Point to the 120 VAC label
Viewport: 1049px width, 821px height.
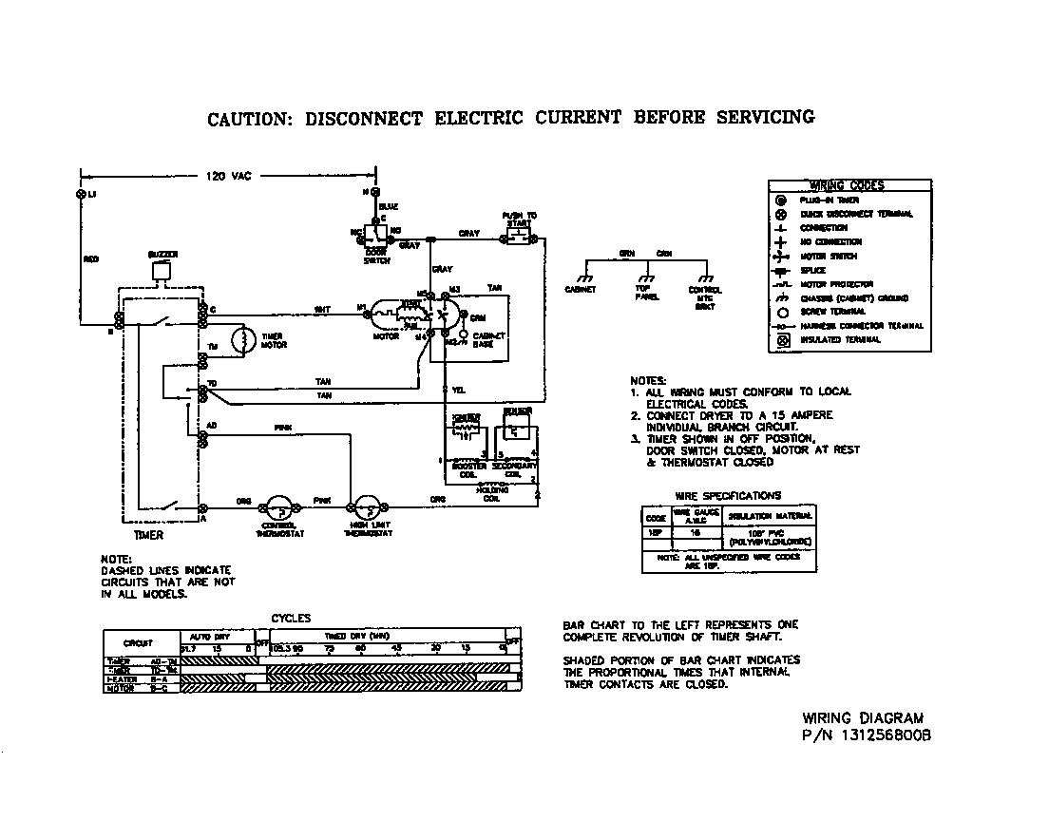pos(229,176)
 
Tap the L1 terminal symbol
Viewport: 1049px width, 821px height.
pos(80,194)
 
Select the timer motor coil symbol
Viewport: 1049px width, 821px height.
pos(243,340)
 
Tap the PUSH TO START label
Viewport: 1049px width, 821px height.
pos(519,219)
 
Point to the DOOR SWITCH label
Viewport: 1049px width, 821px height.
pos(376,257)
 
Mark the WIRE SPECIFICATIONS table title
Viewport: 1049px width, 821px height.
pos(728,495)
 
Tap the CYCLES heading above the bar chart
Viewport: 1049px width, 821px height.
pos(291,619)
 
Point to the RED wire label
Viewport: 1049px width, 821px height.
pos(91,258)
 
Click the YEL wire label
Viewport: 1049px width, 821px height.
pos(459,390)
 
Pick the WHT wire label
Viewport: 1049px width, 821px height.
pos(322,309)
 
